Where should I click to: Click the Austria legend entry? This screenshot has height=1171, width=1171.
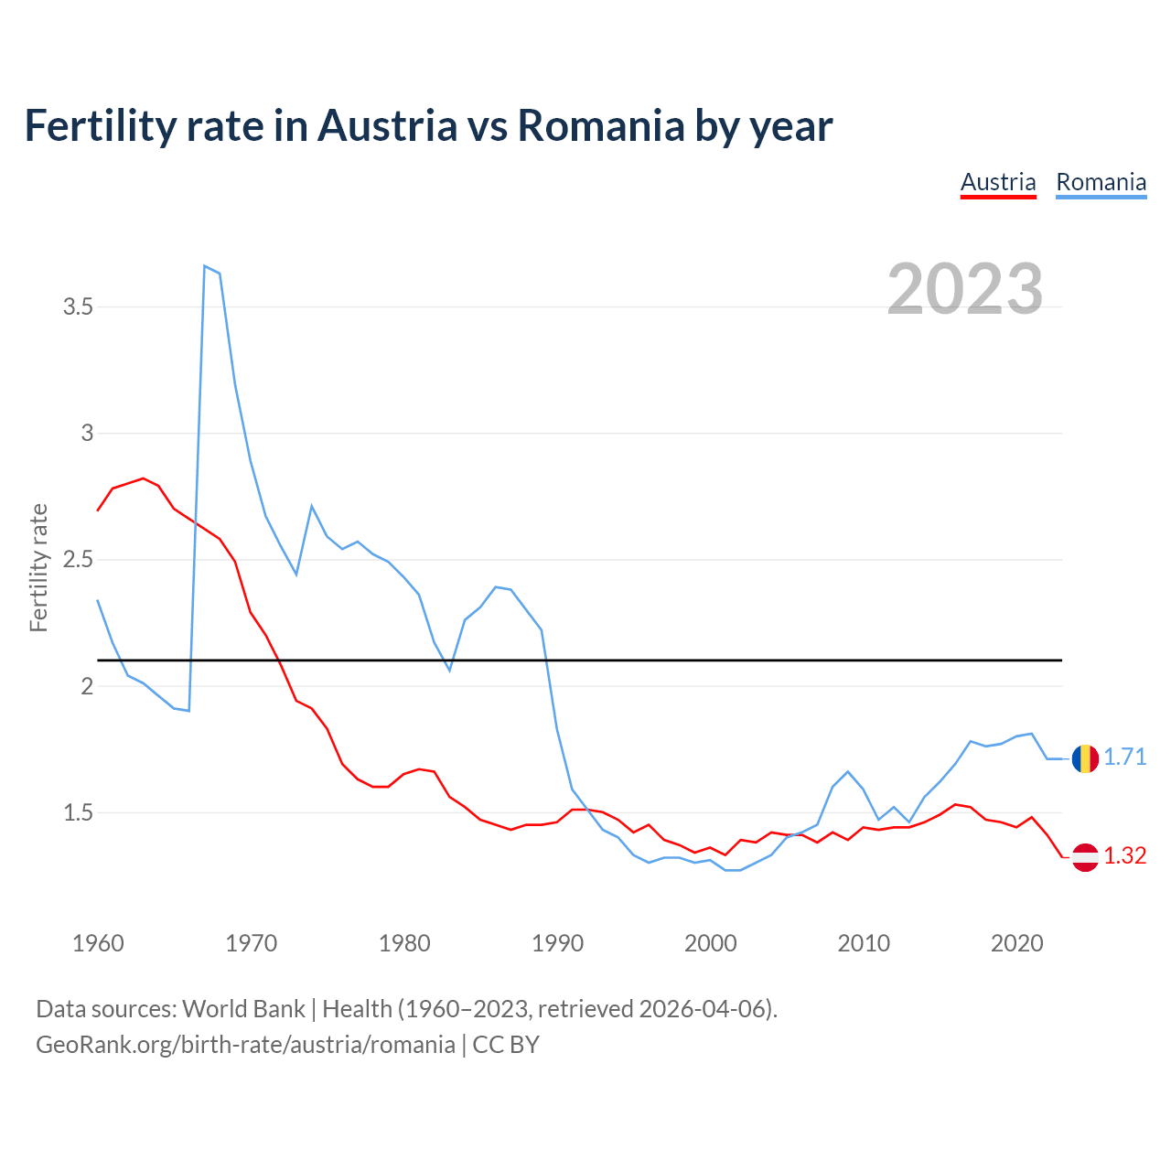tap(998, 183)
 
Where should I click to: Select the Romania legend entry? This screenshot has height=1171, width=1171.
tap(1101, 183)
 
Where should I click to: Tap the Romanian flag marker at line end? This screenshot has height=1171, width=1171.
tap(1085, 758)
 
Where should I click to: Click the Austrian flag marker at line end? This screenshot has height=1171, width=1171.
tap(1085, 856)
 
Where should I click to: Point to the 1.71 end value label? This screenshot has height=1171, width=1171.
tap(1125, 757)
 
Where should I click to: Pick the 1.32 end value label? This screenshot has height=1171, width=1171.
tap(1125, 856)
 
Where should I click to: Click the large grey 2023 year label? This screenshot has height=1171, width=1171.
tap(965, 289)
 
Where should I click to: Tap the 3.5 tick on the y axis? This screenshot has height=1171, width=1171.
tap(79, 307)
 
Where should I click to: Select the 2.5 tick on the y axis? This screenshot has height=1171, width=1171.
tap(79, 560)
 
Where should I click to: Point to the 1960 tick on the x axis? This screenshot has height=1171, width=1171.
tap(98, 943)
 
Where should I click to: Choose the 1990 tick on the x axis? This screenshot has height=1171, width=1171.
tap(557, 943)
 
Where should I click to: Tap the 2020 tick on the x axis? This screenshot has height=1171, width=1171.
tap(1016, 943)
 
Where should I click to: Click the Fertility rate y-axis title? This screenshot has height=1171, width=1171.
tap(38, 567)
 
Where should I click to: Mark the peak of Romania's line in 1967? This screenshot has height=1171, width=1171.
tap(205, 266)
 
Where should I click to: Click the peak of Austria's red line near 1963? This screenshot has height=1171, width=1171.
tap(143, 478)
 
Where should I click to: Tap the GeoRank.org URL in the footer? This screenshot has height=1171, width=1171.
tap(245, 1045)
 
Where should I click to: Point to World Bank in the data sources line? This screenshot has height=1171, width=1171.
tap(243, 1009)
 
